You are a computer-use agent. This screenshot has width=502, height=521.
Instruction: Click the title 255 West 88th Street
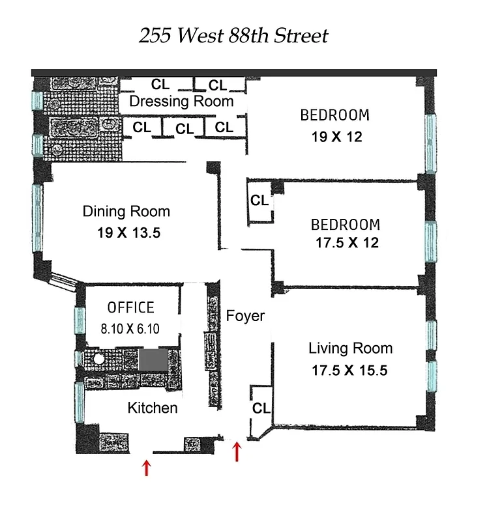[x=233, y=35]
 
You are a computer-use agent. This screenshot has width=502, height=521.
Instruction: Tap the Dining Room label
[x=126, y=212]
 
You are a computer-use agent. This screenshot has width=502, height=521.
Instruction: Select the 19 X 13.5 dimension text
[x=126, y=234]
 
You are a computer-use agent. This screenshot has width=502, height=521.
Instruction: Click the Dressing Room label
[x=181, y=102]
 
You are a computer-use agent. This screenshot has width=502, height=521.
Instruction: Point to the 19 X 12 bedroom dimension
[x=336, y=137]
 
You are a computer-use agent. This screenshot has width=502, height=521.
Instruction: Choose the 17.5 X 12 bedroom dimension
[x=346, y=244]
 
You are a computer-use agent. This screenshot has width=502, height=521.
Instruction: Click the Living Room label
[x=350, y=348]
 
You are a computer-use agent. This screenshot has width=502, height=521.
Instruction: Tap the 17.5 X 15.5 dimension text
[x=349, y=371]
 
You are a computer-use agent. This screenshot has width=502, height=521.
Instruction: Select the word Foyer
[x=245, y=317]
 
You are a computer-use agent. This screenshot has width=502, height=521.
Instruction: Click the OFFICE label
[x=131, y=307]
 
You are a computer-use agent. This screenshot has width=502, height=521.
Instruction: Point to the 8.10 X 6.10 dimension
[x=131, y=329]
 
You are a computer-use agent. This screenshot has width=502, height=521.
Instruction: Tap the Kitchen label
[x=152, y=408]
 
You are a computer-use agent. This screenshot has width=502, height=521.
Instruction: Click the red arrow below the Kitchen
[x=146, y=467]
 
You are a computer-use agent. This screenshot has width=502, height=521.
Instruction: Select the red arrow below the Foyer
[x=237, y=451]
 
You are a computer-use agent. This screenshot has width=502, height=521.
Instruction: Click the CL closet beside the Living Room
[x=261, y=408]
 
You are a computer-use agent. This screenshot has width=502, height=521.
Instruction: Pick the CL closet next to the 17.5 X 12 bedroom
[x=259, y=201]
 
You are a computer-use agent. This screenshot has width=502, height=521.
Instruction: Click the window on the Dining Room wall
[x=38, y=218]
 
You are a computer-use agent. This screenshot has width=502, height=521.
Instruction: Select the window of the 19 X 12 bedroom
[x=430, y=143]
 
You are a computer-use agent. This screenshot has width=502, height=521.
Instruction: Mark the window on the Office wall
[x=80, y=319]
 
